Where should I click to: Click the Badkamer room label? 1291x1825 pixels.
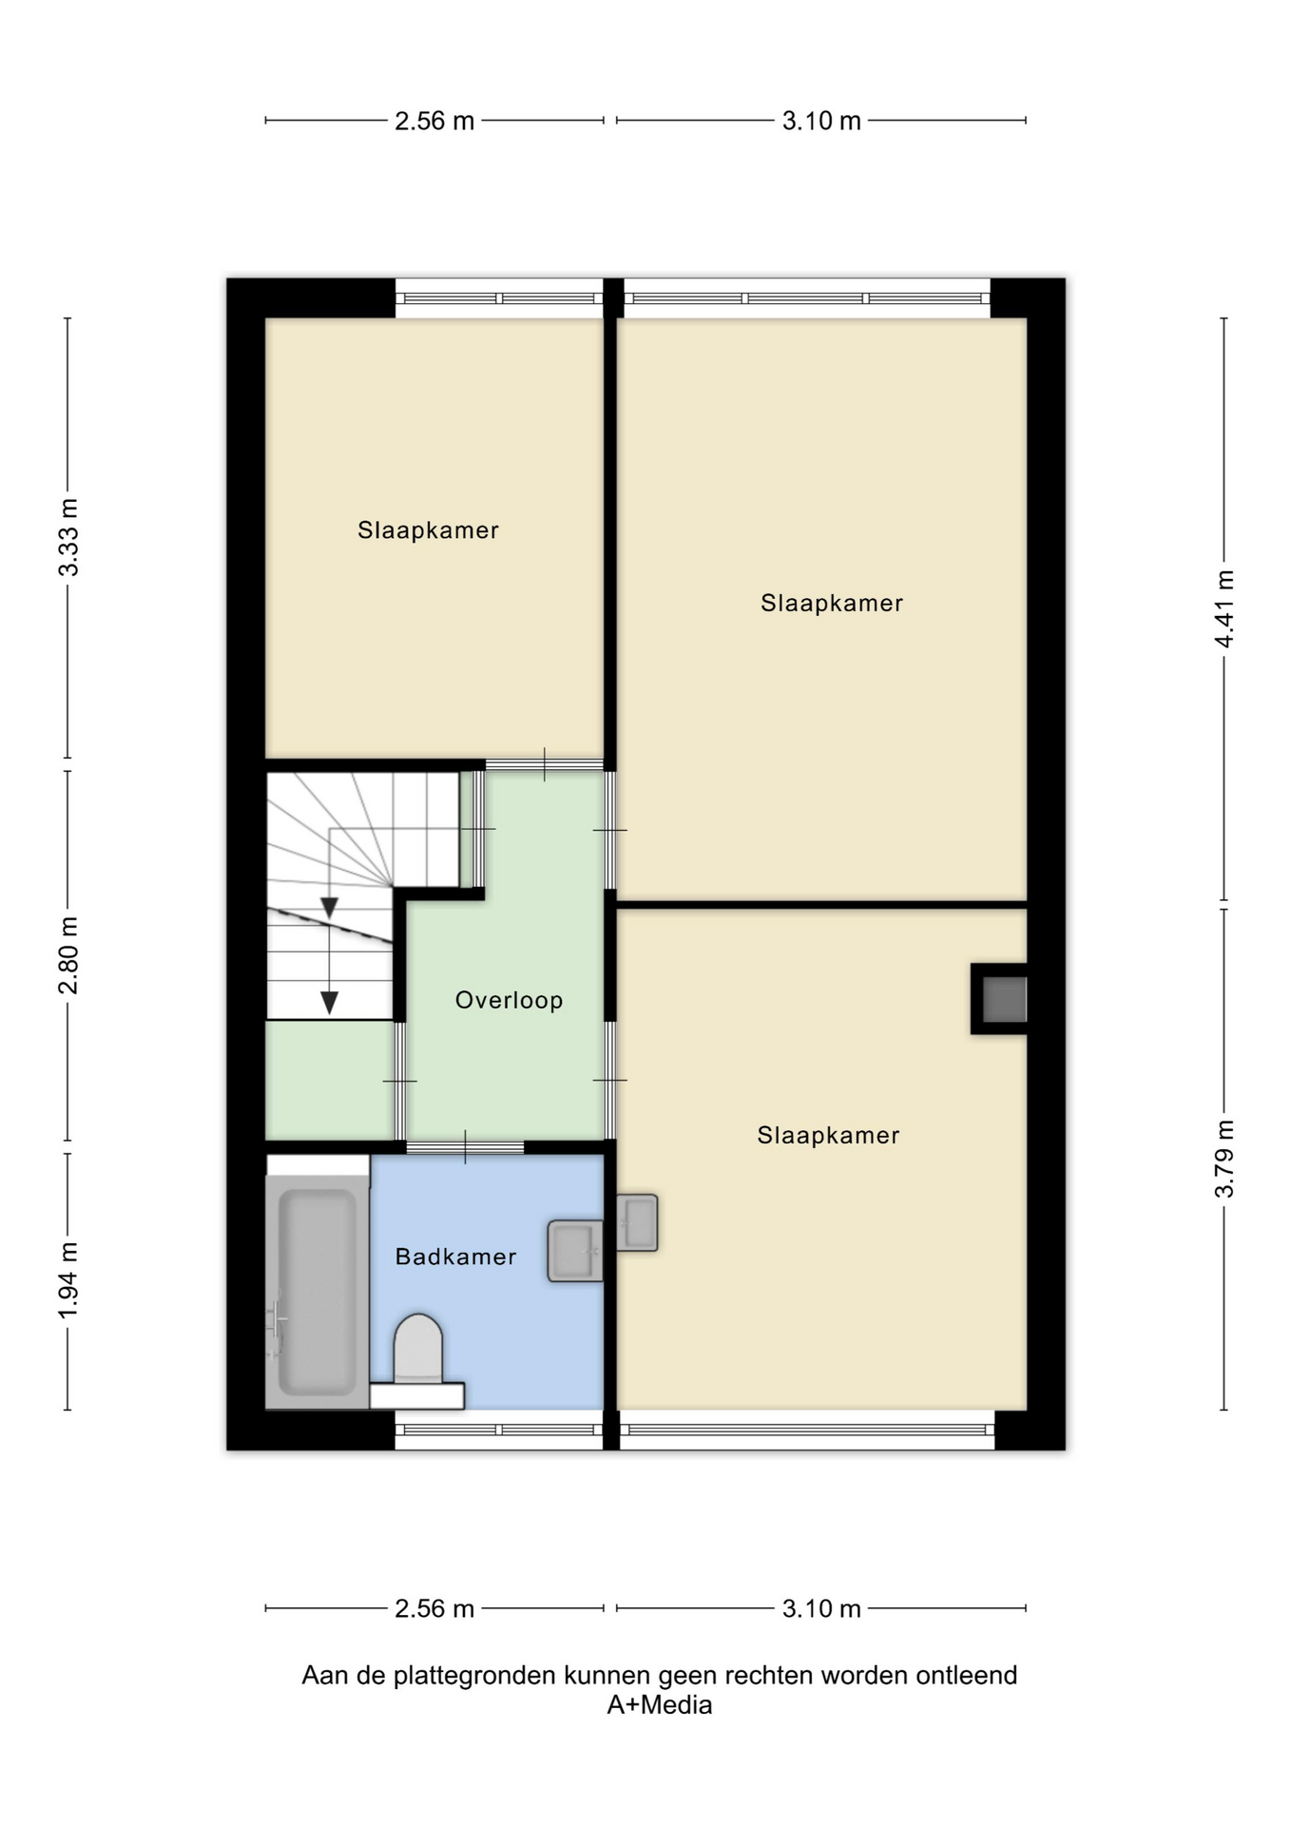pyautogui.click(x=455, y=1257)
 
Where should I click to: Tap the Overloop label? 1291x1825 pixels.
pyautogui.click(x=509, y=1000)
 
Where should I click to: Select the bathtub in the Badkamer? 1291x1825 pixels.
pyautogui.click(x=318, y=1292)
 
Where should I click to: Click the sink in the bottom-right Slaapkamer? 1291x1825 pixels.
pyautogui.click(x=637, y=1222)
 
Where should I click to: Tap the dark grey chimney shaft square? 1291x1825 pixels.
pyautogui.click(x=1004, y=999)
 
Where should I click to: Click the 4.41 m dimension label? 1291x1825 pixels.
pyautogui.click(x=1224, y=609)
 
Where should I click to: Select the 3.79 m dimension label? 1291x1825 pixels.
pyautogui.click(x=1224, y=1159)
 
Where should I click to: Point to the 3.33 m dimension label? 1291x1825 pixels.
pyautogui.click(x=68, y=537)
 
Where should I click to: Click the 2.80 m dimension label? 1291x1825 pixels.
pyautogui.click(x=68, y=955)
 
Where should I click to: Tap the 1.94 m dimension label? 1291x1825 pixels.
pyautogui.click(x=68, y=1280)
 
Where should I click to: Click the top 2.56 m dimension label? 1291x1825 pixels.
pyautogui.click(x=434, y=121)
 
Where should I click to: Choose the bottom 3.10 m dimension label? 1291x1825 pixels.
pyautogui.click(x=821, y=1608)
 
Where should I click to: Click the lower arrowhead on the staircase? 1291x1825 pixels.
pyautogui.click(x=329, y=1003)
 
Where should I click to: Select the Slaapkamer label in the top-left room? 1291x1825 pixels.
pyautogui.click(x=428, y=530)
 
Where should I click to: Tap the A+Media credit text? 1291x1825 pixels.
pyautogui.click(x=660, y=1704)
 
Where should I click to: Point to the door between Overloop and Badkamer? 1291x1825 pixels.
pyautogui.click(x=466, y=1147)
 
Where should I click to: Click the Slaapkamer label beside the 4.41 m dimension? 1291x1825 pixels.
pyautogui.click(x=832, y=603)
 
